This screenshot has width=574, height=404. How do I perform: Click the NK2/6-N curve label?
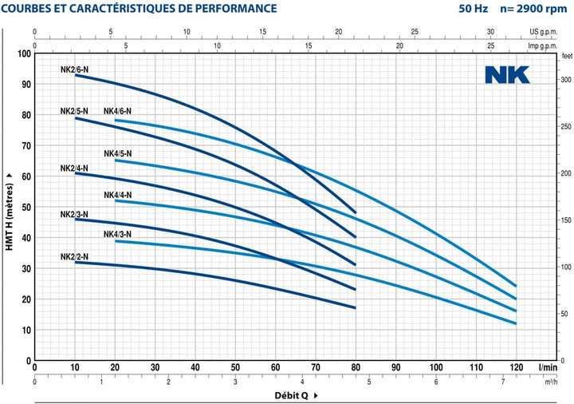pyautogui.click(x=74, y=69)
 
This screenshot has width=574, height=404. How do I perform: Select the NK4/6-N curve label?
pyautogui.click(x=117, y=111)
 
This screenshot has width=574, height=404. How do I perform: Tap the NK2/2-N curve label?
pyautogui.click(x=74, y=256)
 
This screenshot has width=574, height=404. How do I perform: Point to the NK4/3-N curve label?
pyautogui.click(x=117, y=234)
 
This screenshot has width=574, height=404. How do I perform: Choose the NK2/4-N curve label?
pyautogui.click(x=74, y=168)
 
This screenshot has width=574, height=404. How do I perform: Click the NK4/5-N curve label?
pyautogui.click(x=117, y=153)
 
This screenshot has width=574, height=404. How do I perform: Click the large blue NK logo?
pyautogui.click(x=507, y=75)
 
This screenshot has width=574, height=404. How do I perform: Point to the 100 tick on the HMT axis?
pyautogui.click(x=25, y=53)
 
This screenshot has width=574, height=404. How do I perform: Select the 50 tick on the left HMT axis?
pyautogui.click(x=26, y=207)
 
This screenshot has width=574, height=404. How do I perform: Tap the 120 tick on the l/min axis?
pyautogui.click(x=516, y=367)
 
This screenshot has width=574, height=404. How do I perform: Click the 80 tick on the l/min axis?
pyautogui.click(x=356, y=367)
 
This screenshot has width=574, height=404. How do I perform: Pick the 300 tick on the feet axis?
pyautogui.click(x=566, y=80)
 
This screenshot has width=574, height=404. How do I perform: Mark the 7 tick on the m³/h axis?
pyautogui.click(x=503, y=382)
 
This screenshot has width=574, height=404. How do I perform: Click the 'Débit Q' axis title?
pyautogui.click(x=292, y=395)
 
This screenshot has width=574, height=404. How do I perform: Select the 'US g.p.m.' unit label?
pyautogui.click(x=543, y=32)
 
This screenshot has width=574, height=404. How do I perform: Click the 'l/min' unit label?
pyautogui.click(x=548, y=367)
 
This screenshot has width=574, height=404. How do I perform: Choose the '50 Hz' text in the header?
pyautogui.click(x=474, y=8)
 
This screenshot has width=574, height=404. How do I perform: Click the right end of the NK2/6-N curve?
pyautogui.click(x=356, y=212)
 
